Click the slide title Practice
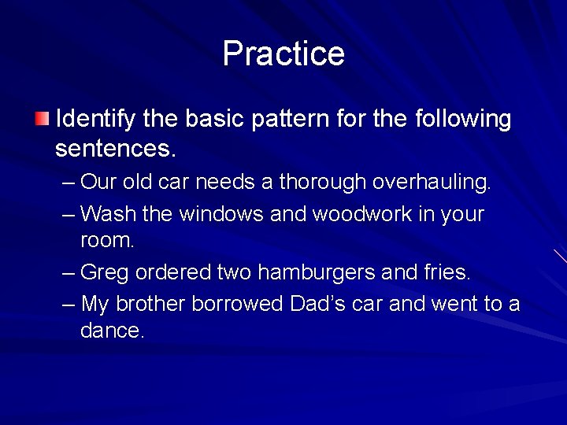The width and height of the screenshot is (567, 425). click(x=283, y=54)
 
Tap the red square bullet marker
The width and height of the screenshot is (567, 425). click(x=42, y=120)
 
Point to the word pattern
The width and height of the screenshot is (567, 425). click(x=291, y=120)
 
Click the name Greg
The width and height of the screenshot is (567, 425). click(x=106, y=273)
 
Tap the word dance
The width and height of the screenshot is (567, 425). click(x=113, y=331)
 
